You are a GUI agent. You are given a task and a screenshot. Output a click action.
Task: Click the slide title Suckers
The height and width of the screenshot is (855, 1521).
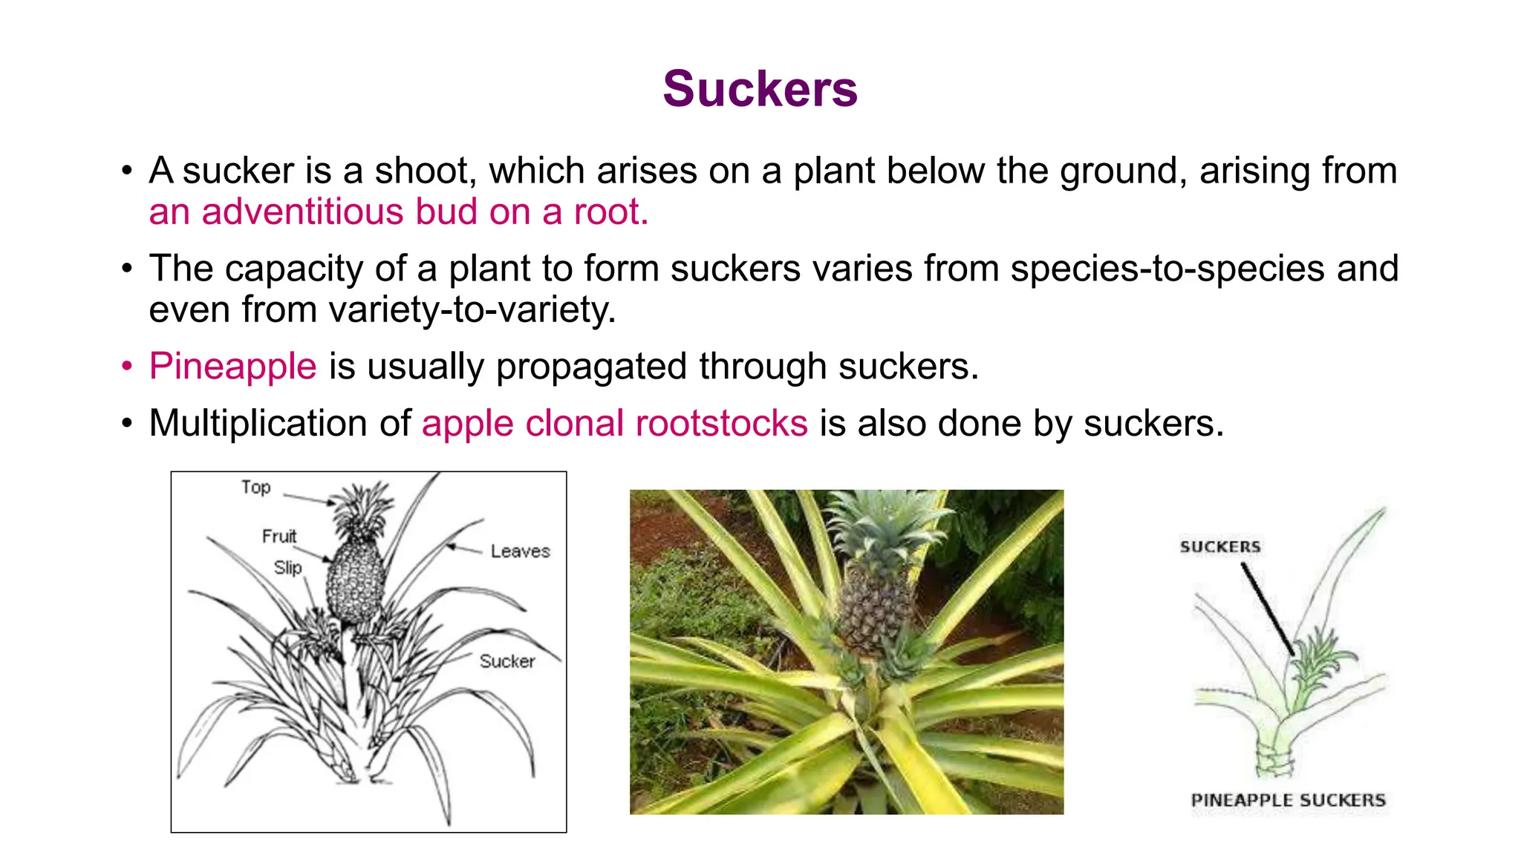760,89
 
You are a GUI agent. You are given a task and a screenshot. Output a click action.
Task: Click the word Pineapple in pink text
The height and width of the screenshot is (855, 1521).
232,367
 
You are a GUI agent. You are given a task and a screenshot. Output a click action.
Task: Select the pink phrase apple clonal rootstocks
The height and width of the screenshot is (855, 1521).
614,424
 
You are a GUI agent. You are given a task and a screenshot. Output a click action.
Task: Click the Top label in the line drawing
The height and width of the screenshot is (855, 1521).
255,488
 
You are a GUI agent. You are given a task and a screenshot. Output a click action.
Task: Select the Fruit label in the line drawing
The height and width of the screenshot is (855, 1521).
279,536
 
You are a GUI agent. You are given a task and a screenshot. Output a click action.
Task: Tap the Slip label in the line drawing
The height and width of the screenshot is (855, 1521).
287,568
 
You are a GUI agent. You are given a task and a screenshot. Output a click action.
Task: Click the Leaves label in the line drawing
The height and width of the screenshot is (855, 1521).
520,551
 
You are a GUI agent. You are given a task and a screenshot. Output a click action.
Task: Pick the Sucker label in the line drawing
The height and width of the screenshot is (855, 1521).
507,661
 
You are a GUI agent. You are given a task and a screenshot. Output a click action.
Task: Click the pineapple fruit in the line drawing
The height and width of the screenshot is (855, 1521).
356,583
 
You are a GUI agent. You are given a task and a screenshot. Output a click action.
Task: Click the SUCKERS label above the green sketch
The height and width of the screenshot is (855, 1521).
1219,547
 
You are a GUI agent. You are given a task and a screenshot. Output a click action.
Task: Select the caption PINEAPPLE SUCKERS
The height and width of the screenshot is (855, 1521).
1288,800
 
